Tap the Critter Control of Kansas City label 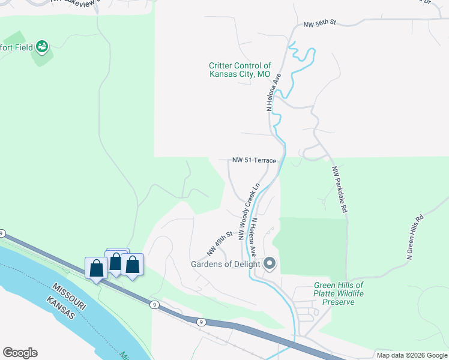point(240,70)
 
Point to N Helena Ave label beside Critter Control point(273,92)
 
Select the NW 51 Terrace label point(255,161)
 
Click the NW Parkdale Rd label point(339,190)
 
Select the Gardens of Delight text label point(225,264)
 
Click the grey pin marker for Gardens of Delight point(270,263)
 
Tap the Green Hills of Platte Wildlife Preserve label point(339,293)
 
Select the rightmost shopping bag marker point(132,265)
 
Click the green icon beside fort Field point(42,46)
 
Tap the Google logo point(20,353)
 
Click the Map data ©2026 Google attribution point(412,355)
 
